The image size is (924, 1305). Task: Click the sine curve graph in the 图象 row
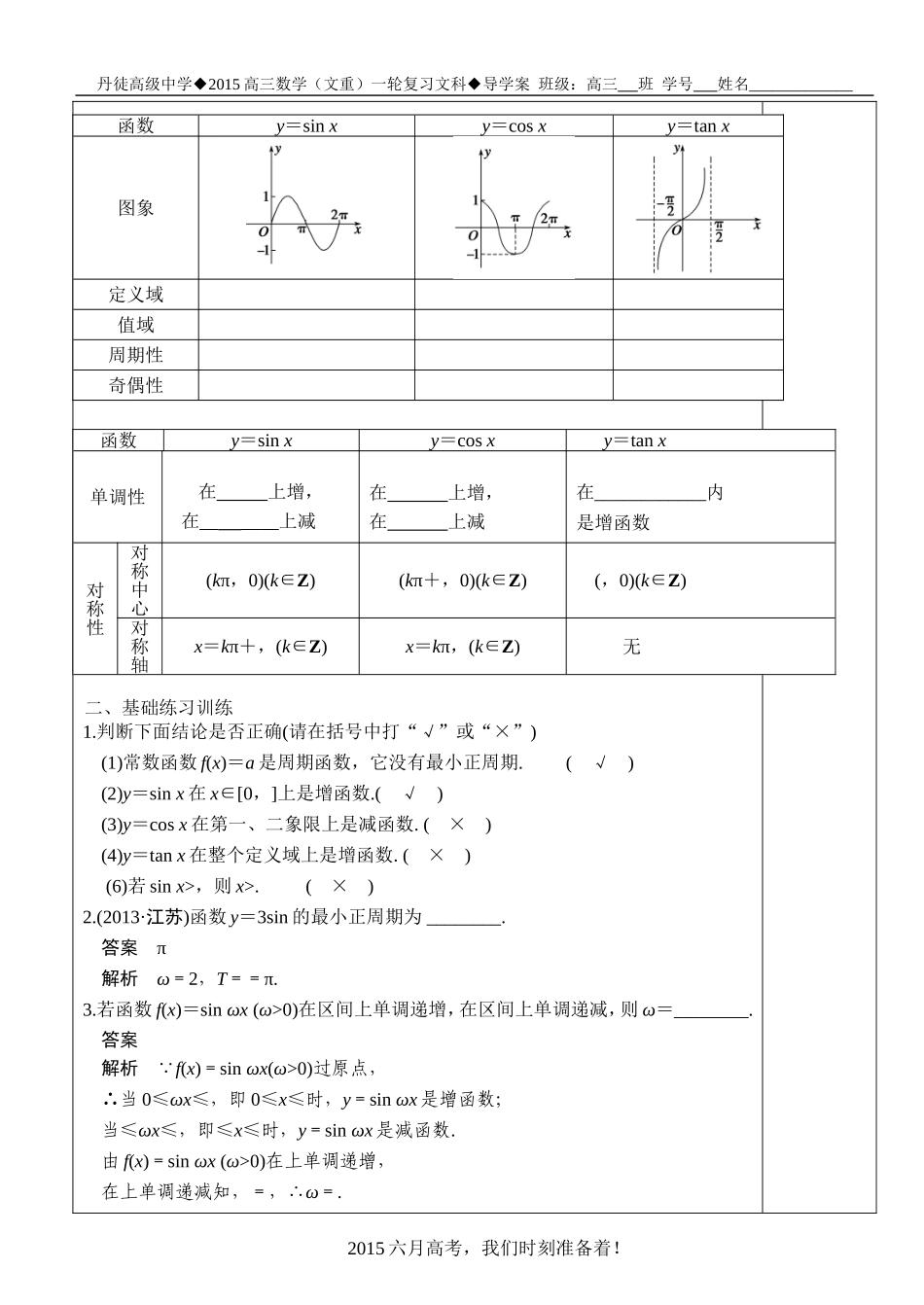click(x=303, y=207)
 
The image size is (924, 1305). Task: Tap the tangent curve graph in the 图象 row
click(x=696, y=208)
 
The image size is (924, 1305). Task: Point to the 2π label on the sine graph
click(x=338, y=215)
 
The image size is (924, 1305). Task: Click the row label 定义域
click(x=135, y=295)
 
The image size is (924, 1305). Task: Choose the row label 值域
click(x=135, y=325)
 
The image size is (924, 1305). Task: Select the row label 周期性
click(x=135, y=355)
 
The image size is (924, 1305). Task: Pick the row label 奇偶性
click(x=135, y=385)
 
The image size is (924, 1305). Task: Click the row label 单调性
click(x=118, y=497)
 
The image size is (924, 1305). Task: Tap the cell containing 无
click(x=631, y=647)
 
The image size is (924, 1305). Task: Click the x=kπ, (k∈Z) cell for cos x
click(x=462, y=647)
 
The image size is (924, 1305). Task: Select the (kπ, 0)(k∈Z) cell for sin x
click(x=261, y=581)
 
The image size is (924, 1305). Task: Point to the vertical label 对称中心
click(x=140, y=580)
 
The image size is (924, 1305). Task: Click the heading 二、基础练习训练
click(x=159, y=707)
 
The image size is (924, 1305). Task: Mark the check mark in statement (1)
click(x=600, y=763)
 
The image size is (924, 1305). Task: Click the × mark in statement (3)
click(x=457, y=825)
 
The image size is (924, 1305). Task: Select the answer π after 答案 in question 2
click(x=161, y=948)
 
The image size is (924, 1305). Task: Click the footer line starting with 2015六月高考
click(x=483, y=1249)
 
